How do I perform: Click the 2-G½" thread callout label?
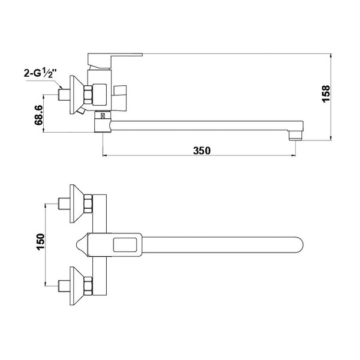[40, 73]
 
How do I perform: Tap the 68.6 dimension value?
[39, 115]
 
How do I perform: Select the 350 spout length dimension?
[202, 151]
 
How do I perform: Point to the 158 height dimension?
[326, 94]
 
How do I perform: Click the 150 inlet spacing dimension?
[40, 242]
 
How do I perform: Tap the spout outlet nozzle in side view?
[296, 135]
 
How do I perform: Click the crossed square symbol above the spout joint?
[103, 115]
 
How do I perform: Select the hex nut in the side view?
[88, 94]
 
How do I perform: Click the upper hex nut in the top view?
[88, 203]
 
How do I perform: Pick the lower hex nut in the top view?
[88, 286]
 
